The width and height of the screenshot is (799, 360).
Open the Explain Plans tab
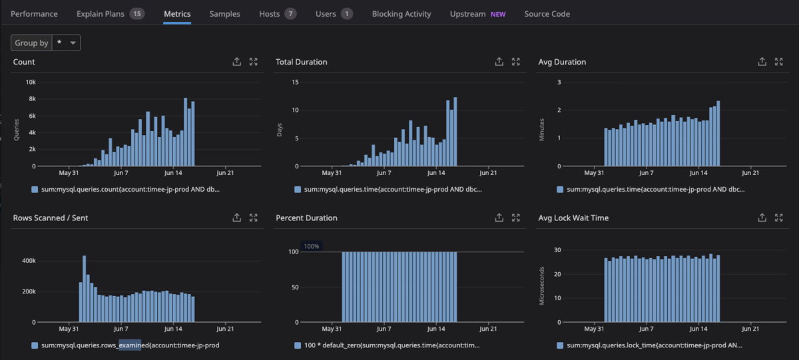(101, 14)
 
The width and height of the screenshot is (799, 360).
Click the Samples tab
(225, 14)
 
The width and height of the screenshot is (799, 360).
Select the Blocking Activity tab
(401, 14)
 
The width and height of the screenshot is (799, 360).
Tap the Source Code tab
(547, 14)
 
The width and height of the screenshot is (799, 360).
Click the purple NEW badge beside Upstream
(498, 14)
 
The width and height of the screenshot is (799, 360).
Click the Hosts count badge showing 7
(290, 14)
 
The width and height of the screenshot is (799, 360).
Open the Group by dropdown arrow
(73, 43)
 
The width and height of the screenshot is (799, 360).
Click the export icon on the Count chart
(236, 62)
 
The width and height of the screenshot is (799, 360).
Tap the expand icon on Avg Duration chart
(778, 62)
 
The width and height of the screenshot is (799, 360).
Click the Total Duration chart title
(302, 62)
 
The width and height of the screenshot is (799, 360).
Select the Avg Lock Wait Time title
(573, 218)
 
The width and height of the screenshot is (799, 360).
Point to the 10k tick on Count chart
(31, 82)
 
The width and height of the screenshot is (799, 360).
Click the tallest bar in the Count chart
(186, 132)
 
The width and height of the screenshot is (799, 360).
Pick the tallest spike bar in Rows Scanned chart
(84, 289)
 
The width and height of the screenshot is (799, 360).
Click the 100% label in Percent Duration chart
(312, 246)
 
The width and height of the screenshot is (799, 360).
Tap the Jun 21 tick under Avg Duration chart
(750, 173)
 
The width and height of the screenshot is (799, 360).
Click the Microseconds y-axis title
(541, 286)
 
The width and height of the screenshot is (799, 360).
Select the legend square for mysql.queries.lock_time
(560, 345)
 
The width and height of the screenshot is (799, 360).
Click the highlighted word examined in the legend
(130, 345)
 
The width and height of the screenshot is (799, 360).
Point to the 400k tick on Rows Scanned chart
(29, 261)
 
